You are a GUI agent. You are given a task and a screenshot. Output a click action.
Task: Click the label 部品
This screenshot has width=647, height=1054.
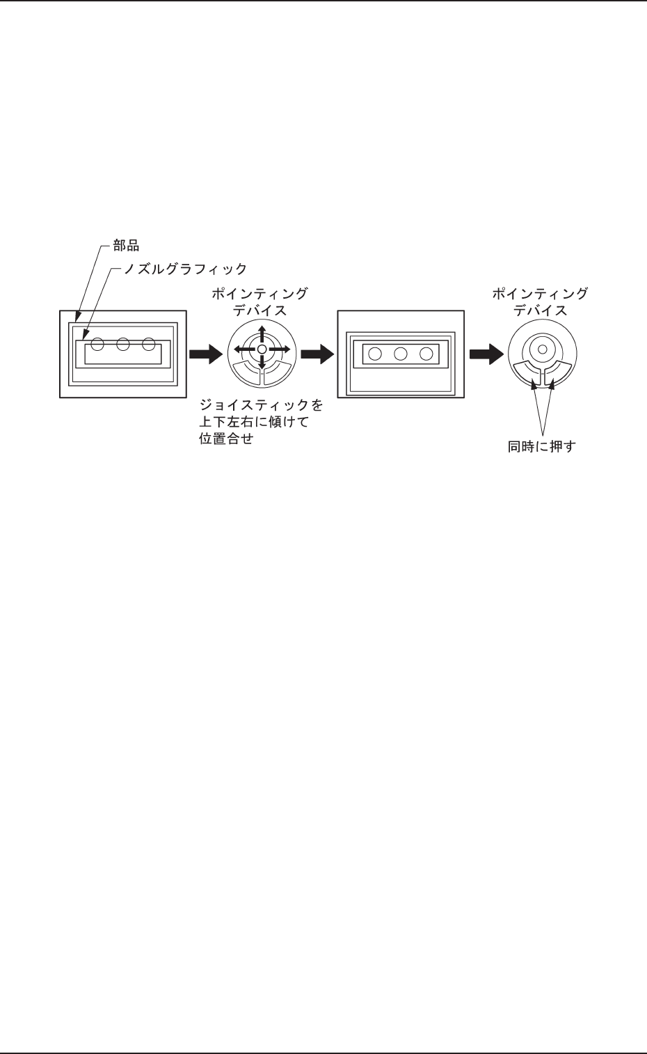click(126, 246)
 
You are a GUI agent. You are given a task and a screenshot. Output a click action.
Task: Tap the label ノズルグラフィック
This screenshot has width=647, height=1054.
click(185, 269)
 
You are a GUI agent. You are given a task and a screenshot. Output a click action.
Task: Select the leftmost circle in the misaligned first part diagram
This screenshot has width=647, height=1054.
click(97, 343)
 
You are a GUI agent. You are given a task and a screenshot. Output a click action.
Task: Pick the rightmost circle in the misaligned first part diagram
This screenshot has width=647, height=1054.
click(148, 343)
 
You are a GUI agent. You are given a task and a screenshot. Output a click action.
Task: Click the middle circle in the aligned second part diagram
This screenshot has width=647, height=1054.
click(400, 354)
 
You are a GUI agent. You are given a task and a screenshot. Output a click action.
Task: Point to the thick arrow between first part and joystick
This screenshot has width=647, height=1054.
click(206, 354)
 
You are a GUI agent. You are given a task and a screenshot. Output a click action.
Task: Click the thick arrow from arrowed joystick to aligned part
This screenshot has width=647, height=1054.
click(317, 354)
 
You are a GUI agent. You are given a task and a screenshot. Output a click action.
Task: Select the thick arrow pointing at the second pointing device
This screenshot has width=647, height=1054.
click(486, 354)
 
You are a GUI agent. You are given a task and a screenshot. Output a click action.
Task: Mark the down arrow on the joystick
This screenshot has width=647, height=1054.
click(262, 363)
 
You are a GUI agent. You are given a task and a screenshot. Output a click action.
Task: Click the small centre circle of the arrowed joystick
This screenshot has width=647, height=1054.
click(262, 349)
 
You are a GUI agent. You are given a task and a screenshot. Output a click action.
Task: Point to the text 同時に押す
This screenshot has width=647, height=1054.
click(542, 446)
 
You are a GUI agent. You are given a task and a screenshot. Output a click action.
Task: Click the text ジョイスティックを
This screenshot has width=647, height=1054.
click(262, 405)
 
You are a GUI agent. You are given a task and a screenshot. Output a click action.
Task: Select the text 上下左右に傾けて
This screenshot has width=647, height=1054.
click(254, 422)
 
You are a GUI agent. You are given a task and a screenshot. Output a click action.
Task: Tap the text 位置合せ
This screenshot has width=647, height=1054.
click(226, 439)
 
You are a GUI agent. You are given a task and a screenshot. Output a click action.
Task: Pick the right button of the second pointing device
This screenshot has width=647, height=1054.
click(559, 372)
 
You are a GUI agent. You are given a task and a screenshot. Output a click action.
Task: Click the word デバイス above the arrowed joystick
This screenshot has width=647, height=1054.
click(259, 310)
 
